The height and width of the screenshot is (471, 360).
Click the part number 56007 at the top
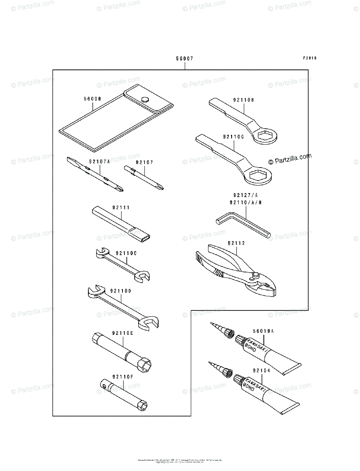click(185, 58)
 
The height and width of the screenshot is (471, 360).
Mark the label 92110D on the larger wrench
click(121, 290)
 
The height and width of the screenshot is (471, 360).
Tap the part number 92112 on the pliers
click(236, 243)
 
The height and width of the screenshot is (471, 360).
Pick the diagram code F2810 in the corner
click(309, 58)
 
